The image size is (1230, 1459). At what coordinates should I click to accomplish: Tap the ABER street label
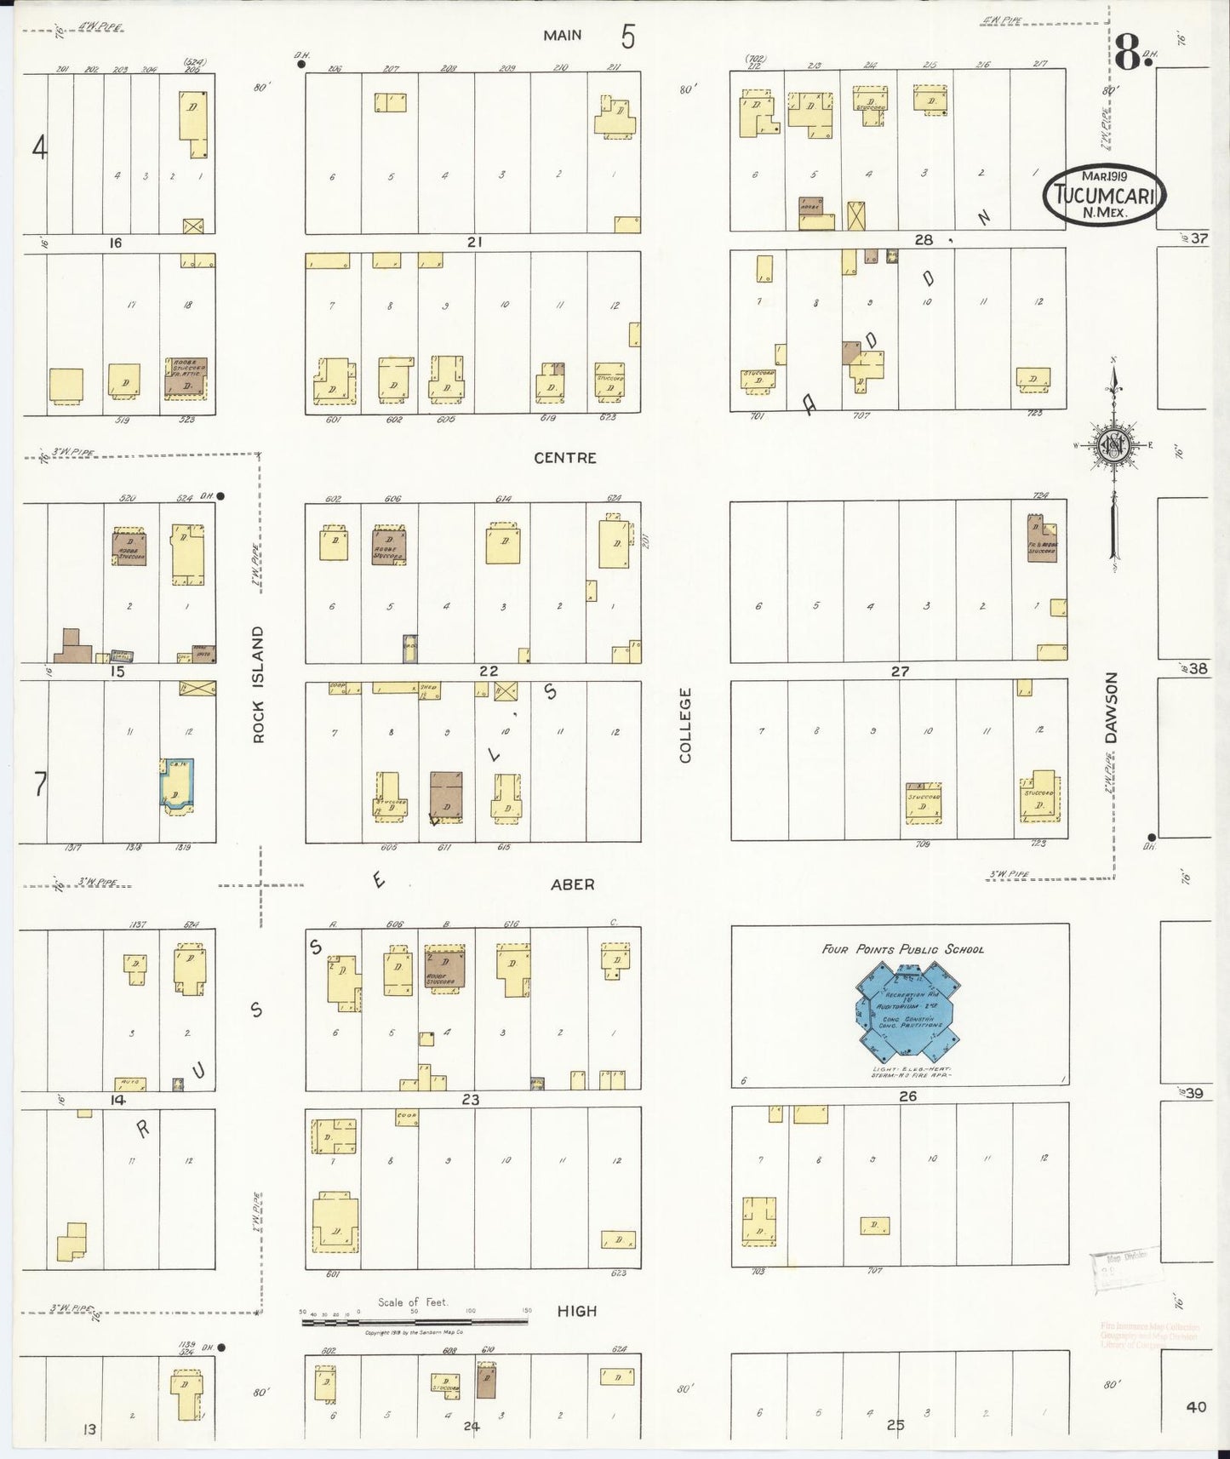tap(572, 884)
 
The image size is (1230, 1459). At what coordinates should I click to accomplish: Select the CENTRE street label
tap(564, 458)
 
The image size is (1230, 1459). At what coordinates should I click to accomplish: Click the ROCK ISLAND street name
tap(259, 684)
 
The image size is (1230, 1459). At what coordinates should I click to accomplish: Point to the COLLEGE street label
tap(686, 725)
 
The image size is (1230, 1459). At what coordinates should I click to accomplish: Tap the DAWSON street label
tap(1111, 708)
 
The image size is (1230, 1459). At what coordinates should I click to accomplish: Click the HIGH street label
tap(576, 1311)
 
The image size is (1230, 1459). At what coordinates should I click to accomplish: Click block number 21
tap(474, 243)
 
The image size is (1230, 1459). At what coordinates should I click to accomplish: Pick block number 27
tap(900, 671)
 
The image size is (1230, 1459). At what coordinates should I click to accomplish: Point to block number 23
tap(470, 1099)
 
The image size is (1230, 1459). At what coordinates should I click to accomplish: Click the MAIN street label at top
tap(563, 35)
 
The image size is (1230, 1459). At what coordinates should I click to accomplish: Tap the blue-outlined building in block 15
tap(177, 783)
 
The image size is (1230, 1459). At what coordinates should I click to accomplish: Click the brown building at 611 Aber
tap(446, 795)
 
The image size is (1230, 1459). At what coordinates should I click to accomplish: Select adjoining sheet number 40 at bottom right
tap(1196, 1407)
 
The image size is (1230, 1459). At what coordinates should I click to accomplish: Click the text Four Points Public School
tap(902, 949)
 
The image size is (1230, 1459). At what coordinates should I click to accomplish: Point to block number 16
tap(115, 243)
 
